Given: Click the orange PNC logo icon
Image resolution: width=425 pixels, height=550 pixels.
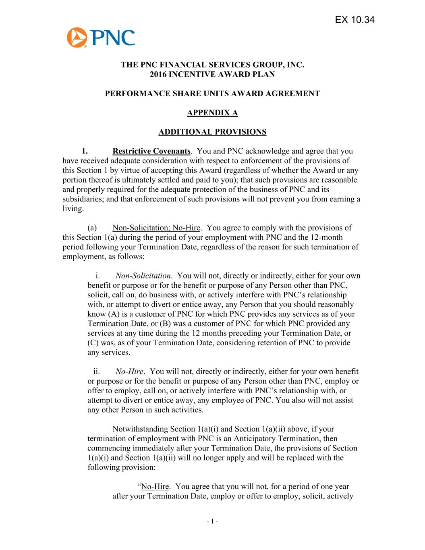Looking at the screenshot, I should point(77,37).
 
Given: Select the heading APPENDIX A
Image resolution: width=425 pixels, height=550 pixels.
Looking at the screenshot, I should point(212,113).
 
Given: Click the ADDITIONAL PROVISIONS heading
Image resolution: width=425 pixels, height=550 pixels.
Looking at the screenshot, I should point(212,132).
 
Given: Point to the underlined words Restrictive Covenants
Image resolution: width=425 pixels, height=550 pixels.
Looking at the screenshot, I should point(151,152).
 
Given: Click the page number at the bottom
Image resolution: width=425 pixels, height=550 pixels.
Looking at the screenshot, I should point(212,521).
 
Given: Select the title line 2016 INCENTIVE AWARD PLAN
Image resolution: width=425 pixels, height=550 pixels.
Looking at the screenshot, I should point(212,75).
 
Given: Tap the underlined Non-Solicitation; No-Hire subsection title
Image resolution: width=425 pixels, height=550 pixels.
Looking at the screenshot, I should point(156,228).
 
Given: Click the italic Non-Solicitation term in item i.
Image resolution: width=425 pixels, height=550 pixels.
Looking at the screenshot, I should point(143,276).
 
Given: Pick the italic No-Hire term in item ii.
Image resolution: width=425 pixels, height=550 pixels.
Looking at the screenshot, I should point(129,372).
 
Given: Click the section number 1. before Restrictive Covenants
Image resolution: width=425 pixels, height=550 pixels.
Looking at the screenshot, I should point(84,152).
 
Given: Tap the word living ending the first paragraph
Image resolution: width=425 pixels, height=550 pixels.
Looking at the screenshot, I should point(73,209).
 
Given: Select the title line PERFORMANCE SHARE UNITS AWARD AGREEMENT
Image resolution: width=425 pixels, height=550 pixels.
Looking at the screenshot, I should point(212,94).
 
